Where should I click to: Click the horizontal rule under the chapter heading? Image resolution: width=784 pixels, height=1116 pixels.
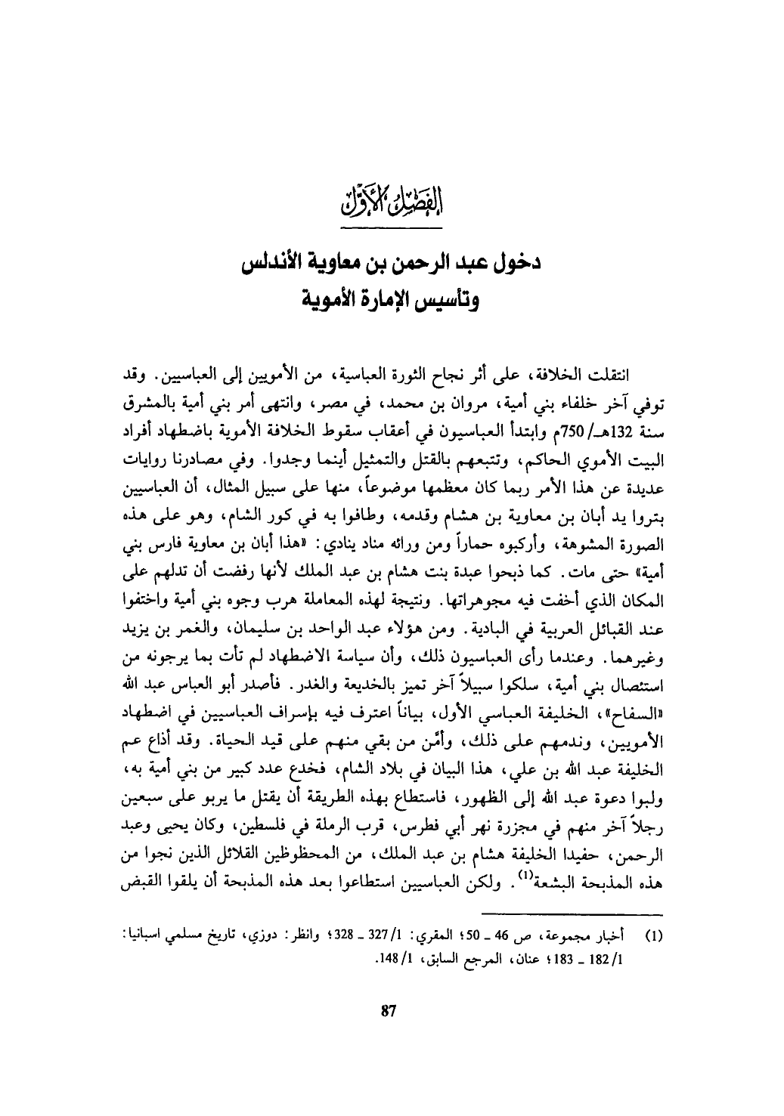click(x=392, y=225)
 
